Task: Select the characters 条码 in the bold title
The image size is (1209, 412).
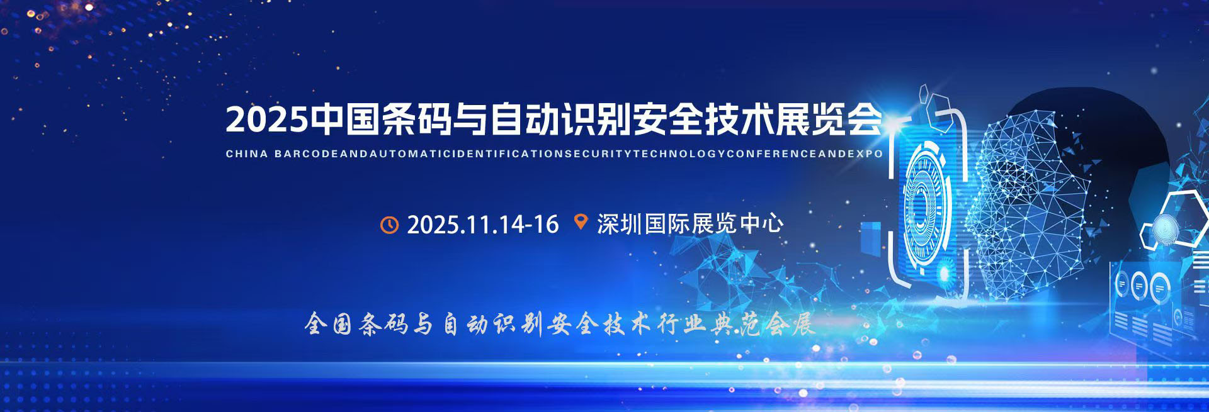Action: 417,119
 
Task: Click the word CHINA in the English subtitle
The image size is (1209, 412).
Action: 247,153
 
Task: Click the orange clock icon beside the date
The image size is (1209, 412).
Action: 390,225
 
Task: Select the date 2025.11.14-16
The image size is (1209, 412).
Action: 483,225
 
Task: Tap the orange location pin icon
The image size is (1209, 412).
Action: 581,222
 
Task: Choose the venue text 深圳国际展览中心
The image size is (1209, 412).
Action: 690,224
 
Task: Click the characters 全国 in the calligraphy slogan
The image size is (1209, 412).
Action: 328,324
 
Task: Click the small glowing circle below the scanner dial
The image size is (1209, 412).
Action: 943,273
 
